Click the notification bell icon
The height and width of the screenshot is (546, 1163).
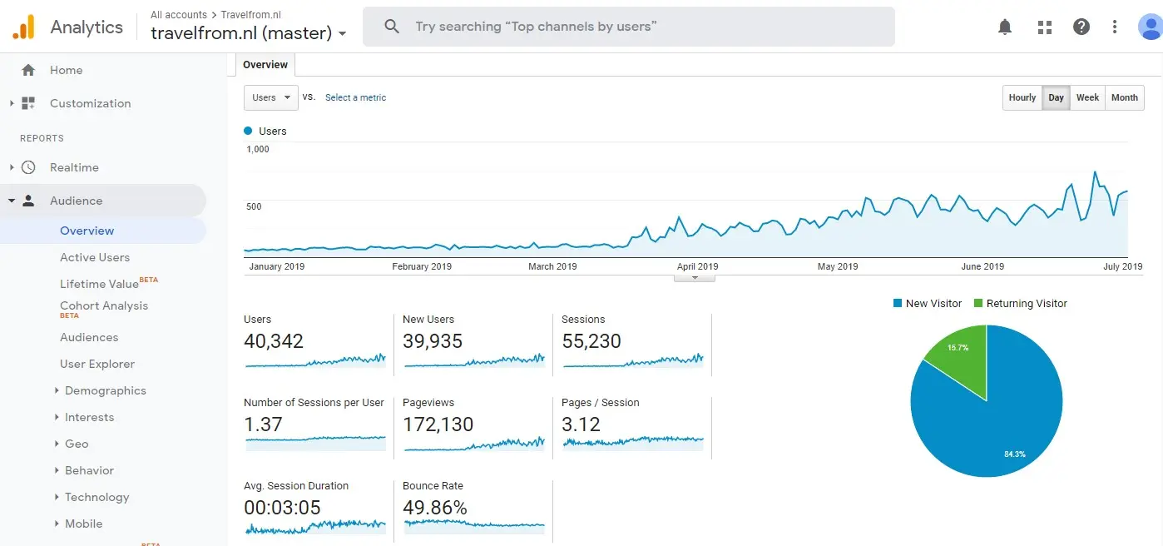[x=1005, y=27]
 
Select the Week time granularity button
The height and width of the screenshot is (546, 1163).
[x=1087, y=97]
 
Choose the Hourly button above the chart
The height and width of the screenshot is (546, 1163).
[x=1022, y=97]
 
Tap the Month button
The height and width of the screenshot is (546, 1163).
[x=1125, y=97]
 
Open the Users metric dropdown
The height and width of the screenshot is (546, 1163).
[x=271, y=97]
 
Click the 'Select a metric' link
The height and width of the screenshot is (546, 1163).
[x=356, y=97]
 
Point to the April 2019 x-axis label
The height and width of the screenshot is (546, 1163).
[x=697, y=266]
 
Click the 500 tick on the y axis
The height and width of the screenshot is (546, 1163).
[x=254, y=206]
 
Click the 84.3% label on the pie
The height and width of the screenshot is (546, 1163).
[x=1015, y=454]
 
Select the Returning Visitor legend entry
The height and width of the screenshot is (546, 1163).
[x=1021, y=304]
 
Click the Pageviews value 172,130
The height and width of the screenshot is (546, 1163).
[x=438, y=424]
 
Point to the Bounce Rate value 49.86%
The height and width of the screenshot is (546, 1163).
[x=434, y=508]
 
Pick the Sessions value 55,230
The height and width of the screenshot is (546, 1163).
[x=591, y=341]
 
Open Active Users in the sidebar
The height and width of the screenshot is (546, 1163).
[x=95, y=257]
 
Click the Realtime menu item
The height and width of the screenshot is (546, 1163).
[x=74, y=167]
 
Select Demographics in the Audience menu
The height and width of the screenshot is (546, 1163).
[x=106, y=390]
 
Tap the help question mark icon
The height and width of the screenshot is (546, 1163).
[x=1081, y=27]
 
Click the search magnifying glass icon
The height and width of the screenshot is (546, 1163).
[x=392, y=27]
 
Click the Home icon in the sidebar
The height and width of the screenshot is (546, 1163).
[x=28, y=70]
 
